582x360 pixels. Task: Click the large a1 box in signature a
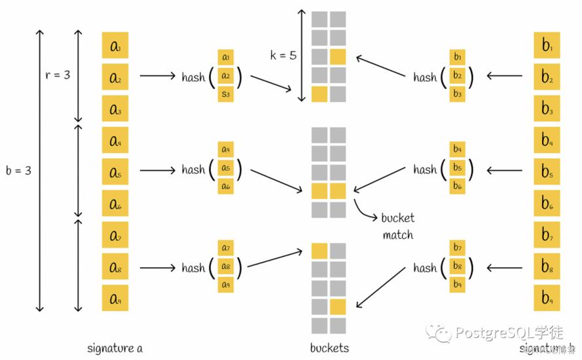point(115,46)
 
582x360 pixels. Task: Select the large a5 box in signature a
point(115,172)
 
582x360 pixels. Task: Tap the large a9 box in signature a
point(115,298)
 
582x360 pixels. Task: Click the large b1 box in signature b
point(547,46)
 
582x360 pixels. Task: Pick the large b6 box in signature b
point(547,204)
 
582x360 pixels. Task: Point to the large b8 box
point(547,266)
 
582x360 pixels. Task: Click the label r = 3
point(57,75)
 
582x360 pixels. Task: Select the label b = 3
point(18,170)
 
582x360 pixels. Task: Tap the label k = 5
point(283,56)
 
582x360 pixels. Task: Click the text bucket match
point(398,226)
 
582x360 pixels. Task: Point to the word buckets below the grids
point(329,348)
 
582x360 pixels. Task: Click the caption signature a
point(115,348)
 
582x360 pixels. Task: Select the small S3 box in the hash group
point(226,94)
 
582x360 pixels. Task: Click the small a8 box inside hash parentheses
point(226,266)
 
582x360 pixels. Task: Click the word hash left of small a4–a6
point(194,170)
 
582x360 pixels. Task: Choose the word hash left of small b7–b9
point(425,268)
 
